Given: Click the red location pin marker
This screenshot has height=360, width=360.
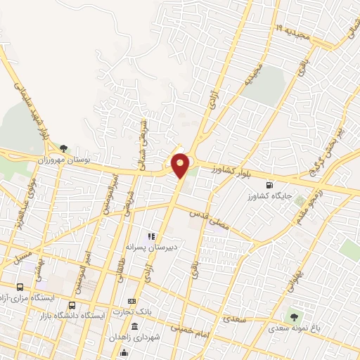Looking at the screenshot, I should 181,165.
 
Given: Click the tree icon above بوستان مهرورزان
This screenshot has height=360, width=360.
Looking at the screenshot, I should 64,148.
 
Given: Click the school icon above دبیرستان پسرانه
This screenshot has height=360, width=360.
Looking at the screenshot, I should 149,236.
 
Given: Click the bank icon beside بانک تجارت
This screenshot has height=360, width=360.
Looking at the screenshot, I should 131,300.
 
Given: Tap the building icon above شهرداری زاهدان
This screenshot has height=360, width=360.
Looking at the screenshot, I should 135,327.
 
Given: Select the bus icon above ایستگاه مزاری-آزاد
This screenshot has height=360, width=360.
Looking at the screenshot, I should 19,287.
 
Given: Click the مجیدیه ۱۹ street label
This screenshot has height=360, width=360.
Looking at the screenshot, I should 299,30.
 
